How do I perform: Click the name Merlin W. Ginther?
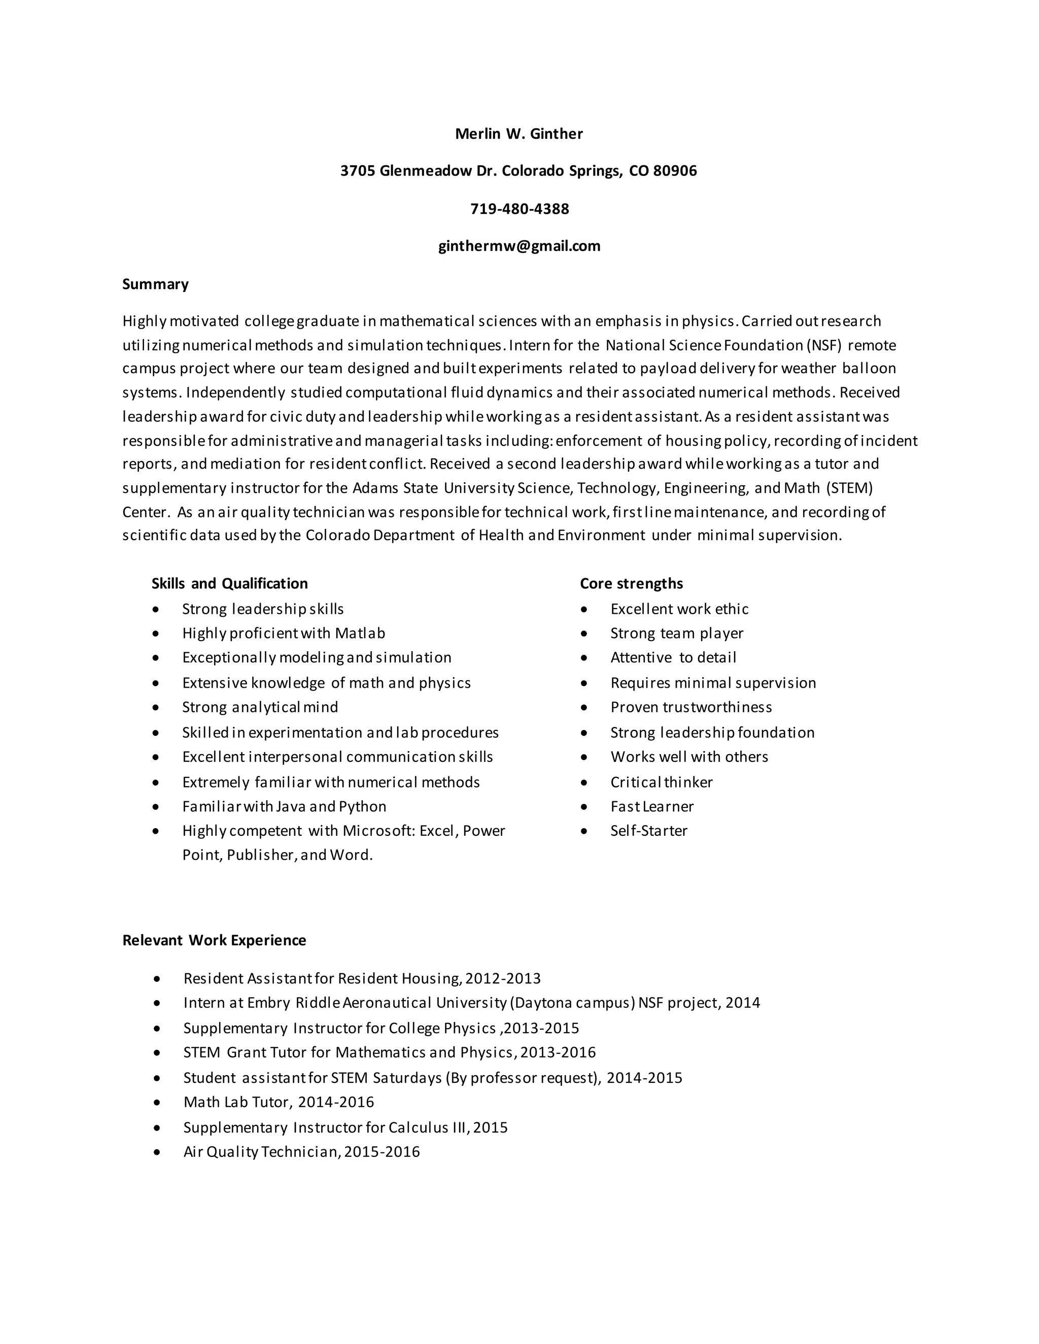click(x=519, y=133)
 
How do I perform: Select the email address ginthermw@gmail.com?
click(x=519, y=245)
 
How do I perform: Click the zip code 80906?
click(x=675, y=170)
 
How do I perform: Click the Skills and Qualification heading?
click(x=230, y=583)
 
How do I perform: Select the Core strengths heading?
click(x=631, y=583)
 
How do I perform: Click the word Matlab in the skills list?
click(x=360, y=633)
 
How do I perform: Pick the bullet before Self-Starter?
click(x=584, y=831)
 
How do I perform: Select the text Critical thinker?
click(x=661, y=782)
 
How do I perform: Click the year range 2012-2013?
click(x=503, y=978)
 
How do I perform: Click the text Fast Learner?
click(x=651, y=806)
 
